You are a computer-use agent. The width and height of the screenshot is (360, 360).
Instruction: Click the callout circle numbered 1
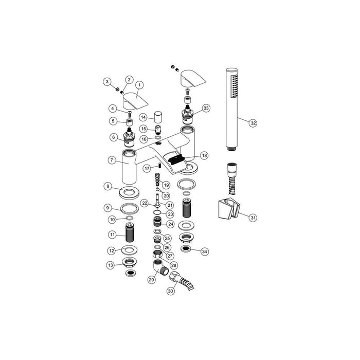[140, 84]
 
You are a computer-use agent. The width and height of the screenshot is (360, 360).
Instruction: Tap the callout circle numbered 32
[253, 123]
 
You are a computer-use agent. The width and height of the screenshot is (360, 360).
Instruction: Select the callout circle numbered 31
[253, 218]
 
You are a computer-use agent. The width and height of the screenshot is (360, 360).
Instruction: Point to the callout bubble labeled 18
[204, 155]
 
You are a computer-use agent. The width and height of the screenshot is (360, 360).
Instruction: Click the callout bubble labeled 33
[206, 108]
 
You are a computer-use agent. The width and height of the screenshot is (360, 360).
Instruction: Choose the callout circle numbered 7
[112, 160]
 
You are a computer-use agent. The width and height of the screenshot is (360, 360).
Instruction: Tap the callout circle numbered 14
[144, 118]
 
